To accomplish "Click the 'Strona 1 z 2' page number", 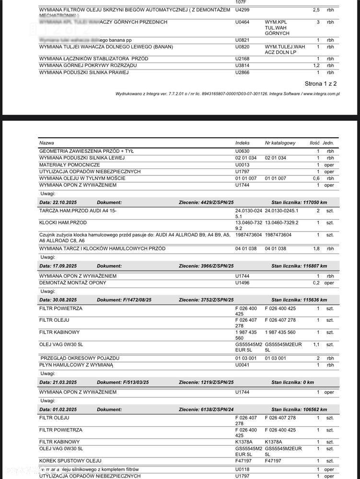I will (321, 83).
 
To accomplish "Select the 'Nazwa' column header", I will (46, 143).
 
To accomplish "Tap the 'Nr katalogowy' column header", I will (280, 143).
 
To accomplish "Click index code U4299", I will (242, 10).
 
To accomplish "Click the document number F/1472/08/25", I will (124, 300).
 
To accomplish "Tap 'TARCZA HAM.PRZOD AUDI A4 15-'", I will (78, 210).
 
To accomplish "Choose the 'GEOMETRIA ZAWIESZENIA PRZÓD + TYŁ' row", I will (86, 151).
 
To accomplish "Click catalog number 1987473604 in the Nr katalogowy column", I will (279, 235).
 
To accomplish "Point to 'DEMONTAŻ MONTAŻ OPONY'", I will (72, 283).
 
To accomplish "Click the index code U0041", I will (242, 365).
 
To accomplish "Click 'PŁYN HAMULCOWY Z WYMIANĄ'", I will (76, 365).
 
